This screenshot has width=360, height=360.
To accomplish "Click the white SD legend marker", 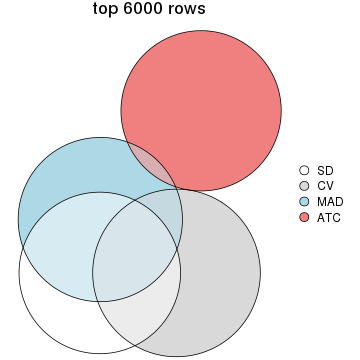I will pyautogui.click(x=305, y=170).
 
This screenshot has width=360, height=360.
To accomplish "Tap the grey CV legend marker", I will pyautogui.click(x=305, y=185).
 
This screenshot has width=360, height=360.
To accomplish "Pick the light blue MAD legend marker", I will pyautogui.click(x=305, y=201).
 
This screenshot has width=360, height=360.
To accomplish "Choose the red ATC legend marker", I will pyautogui.click(x=305, y=216).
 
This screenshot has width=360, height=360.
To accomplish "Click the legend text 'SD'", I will pyautogui.click(x=324, y=170).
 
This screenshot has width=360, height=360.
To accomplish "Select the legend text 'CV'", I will pyautogui.click(x=324, y=185).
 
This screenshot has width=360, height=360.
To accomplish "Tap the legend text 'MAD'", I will pyautogui.click(x=328, y=201).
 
